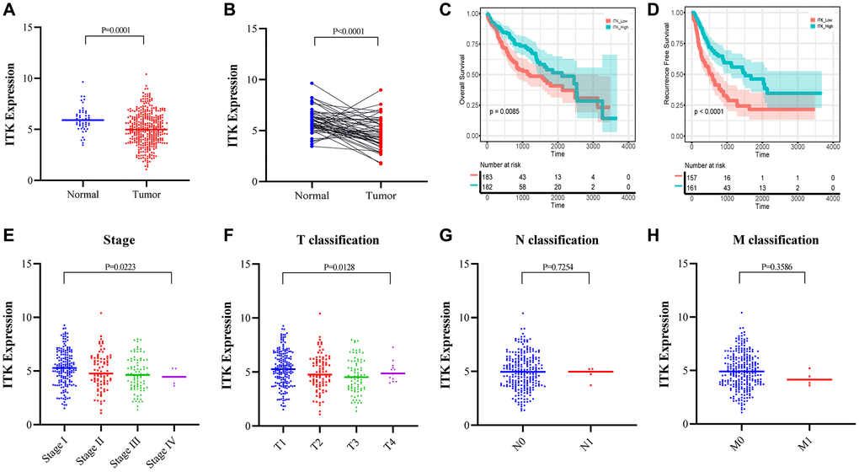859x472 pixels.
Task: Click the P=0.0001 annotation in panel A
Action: [x=115, y=28]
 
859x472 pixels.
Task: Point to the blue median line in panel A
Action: [x=77, y=120]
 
